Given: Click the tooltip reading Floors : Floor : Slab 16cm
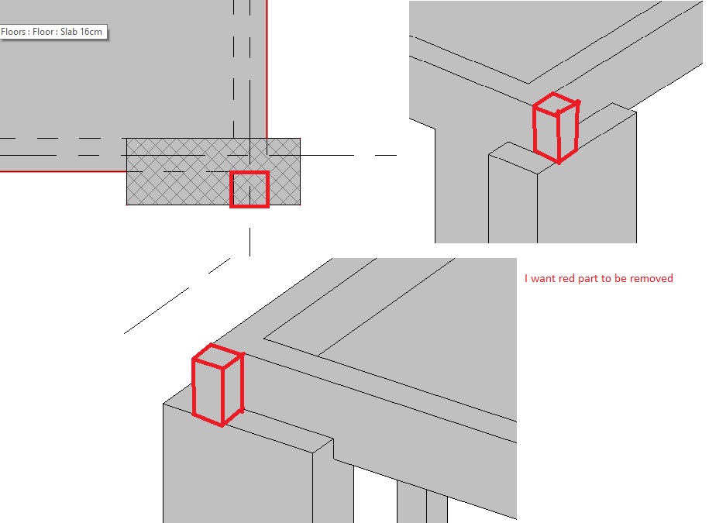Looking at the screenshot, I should click(x=53, y=33).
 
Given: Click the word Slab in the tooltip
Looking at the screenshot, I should click(x=71, y=33).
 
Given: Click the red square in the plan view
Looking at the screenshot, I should click(x=250, y=190).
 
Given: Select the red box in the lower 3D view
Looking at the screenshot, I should click(x=218, y=384).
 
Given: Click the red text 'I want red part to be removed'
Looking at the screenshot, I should click(x=598, y=278).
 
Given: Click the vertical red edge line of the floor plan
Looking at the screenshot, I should click(x=267, y=70).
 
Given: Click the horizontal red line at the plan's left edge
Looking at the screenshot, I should click(x=62, y=170).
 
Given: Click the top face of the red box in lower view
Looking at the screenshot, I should click(x=219, y=356).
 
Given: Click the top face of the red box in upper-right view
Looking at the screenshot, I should click(x=556, y=102).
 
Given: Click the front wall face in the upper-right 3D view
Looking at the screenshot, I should click(x=589, y=201).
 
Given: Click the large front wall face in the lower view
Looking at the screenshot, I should click(x=232, y=473).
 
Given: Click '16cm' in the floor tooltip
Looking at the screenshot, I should click(x=92, y=33).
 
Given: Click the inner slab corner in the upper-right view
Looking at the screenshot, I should click(x=528, y=83).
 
